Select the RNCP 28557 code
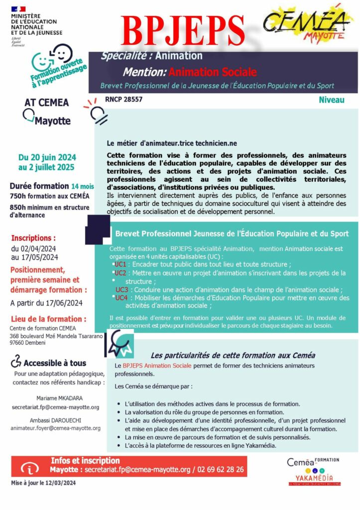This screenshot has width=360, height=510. click(123, 100)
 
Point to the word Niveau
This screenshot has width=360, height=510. click(332, 100)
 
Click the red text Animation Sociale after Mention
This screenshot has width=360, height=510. click(213, 72)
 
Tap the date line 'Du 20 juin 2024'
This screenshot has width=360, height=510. click(47, 158)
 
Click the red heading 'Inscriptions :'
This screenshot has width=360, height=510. click(33, 238)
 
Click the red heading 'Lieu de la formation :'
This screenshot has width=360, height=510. click(49, 319)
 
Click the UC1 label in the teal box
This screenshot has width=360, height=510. click(120, 264)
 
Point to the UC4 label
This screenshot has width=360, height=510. click(121, 298)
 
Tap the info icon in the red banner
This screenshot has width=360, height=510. click(31, 469)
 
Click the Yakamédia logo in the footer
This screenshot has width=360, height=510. click(314, 478)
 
